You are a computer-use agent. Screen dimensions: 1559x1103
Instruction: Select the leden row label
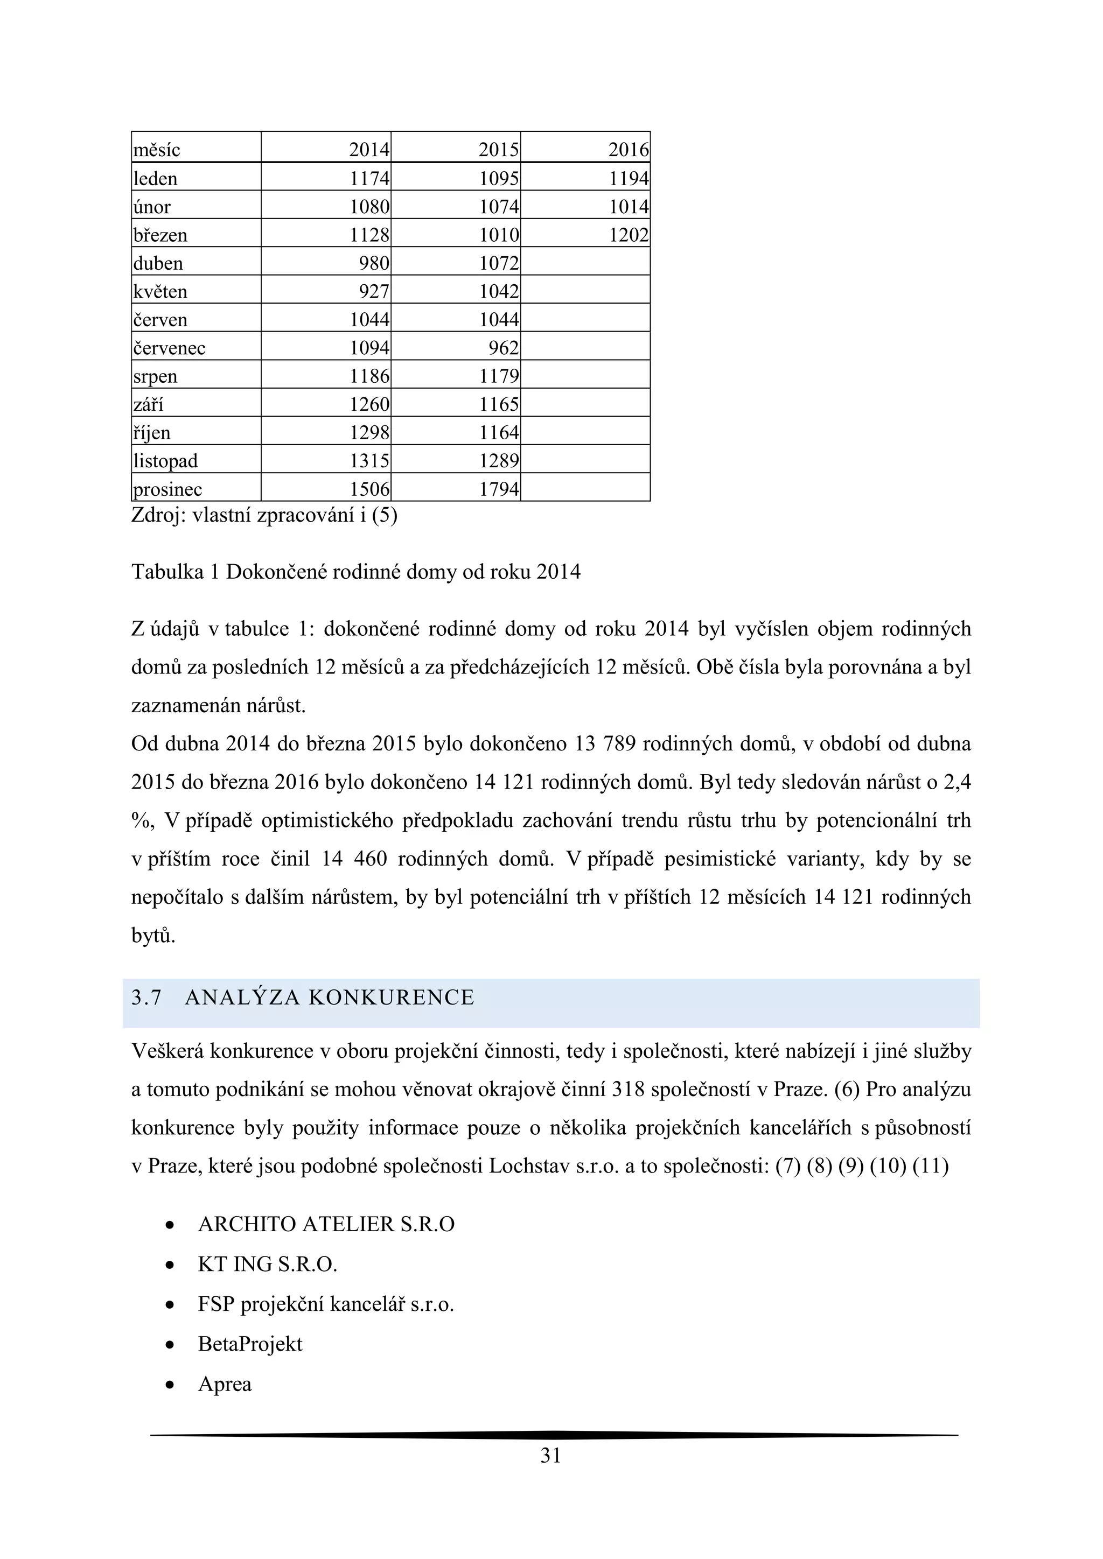pos(156,179)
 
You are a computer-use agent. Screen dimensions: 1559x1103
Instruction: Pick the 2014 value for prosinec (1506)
pos(369,489)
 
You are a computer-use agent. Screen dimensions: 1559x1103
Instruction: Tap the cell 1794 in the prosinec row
pos(499,489)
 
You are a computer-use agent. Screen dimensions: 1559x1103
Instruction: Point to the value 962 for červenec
pos(504,348)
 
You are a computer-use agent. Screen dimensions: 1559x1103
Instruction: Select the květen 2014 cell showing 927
pos(374,291)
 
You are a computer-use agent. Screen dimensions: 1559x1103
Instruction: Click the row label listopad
pos(166,461)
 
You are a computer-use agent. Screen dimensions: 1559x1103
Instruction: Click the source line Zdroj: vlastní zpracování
pos(264,516)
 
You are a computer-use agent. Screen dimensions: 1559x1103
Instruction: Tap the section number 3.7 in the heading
pos(146,998)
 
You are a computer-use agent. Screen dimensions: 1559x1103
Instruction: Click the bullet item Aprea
pos(225,1385)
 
